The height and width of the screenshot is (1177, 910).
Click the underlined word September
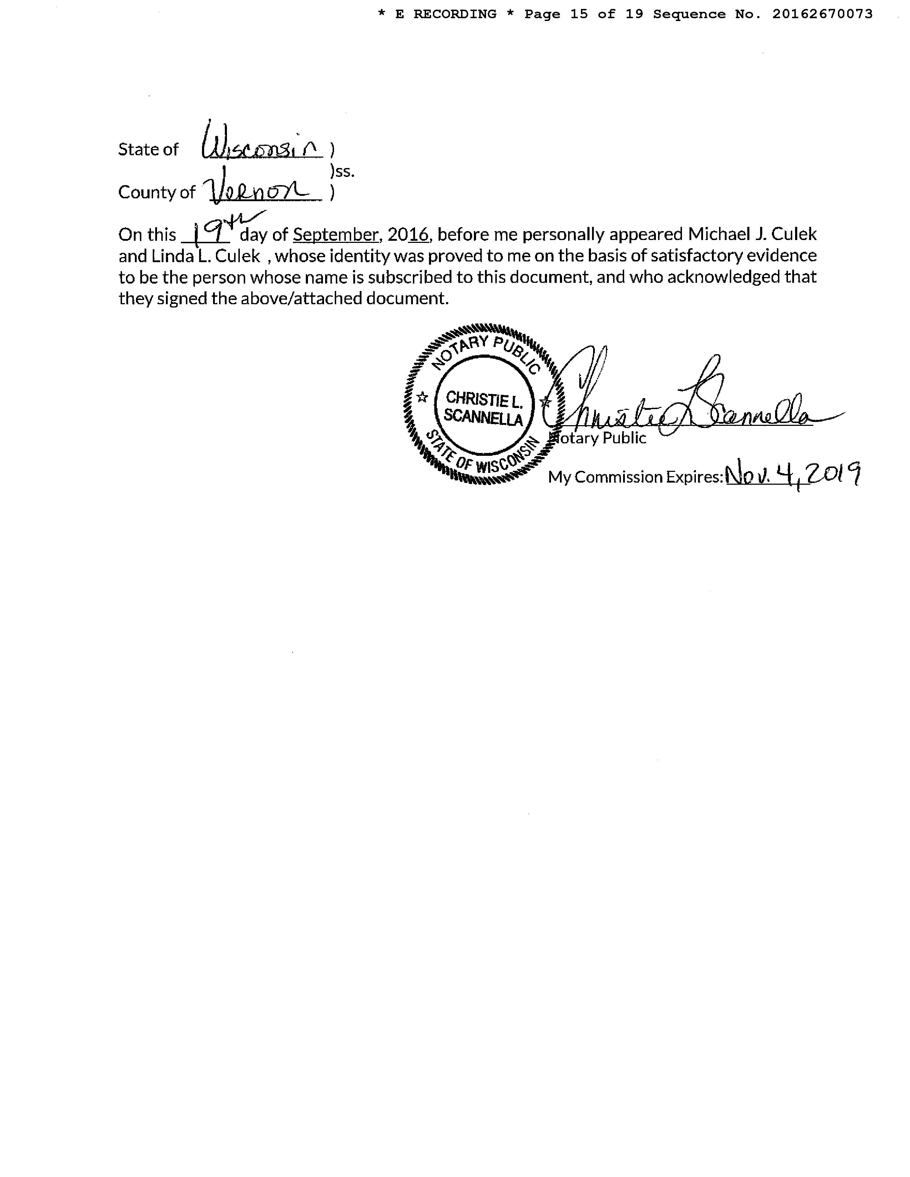(x=336, y=234)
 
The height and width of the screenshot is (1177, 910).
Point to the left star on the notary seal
(x=423, y=398)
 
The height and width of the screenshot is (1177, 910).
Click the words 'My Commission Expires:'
(x=635, y=477)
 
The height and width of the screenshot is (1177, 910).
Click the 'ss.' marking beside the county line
(x=343, y=171)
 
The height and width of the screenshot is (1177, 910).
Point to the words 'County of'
(x=156, y=192)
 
